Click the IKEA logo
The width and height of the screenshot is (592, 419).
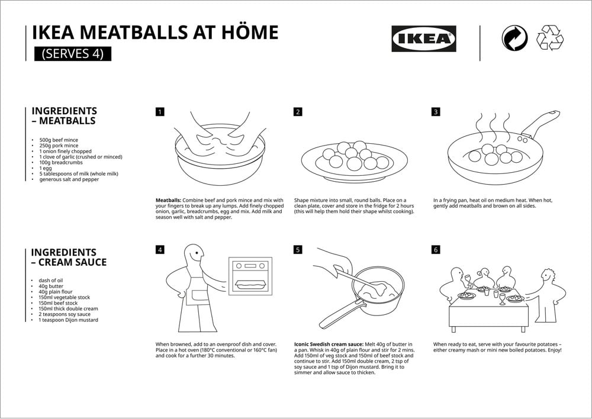[423, 38]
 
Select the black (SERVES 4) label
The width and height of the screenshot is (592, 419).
[73, 53]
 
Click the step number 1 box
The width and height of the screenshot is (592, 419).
[160, 111]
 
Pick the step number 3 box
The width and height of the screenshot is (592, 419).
[436, 111]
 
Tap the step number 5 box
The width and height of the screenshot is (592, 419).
[298, 250]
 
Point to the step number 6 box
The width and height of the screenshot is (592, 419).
[436, 250]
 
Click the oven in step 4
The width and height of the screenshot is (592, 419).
[250, 276]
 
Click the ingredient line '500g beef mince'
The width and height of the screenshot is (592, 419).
[59, 140]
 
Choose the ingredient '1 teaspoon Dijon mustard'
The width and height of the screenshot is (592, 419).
[68, 320]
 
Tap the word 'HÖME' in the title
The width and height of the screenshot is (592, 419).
[243, 33]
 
